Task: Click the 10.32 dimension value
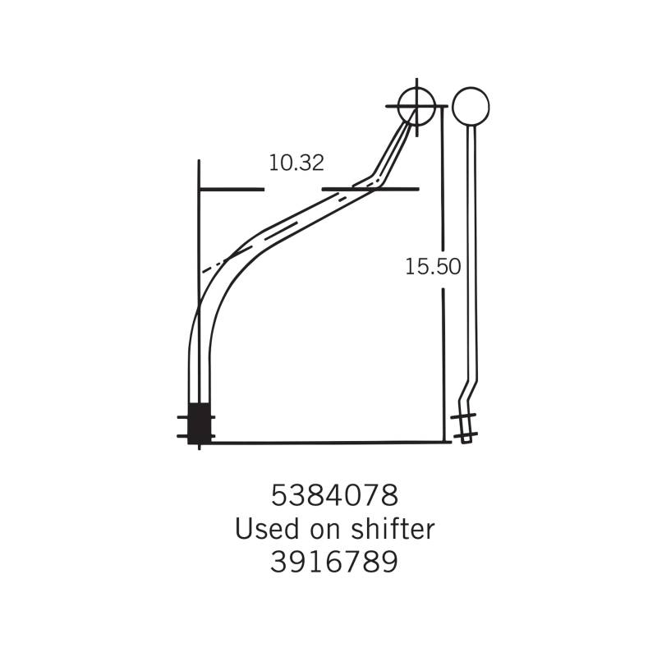tap(296, 163)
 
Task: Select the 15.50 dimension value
tap(433, 266)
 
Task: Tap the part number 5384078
tap(334, 495)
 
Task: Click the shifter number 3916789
tap(334, 562)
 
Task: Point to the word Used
tap(266, 529)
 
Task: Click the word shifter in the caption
tap(393, 528)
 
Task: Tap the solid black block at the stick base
tap(199, 423)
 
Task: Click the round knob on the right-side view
tap(471, 107)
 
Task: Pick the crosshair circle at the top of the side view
tap(416, 107)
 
